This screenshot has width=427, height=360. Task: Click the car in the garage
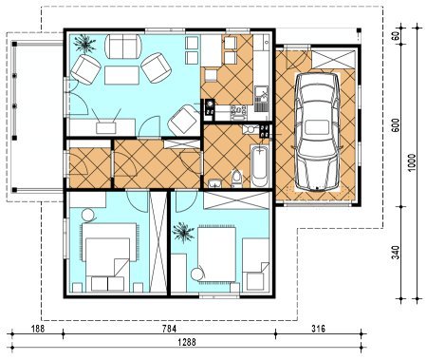pos(317,133)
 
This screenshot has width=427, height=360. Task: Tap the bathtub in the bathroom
pos(260,166)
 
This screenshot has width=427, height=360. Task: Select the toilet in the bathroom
pos(236,179)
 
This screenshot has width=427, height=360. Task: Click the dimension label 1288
pos(187,342)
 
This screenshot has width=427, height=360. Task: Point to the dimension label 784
pos(169,329)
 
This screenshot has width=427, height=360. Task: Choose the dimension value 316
pos(318,329)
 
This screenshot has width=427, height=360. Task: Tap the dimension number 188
pos(38,329)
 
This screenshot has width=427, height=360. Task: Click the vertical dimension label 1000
pos(412,162)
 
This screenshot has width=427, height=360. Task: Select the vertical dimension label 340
pos(396,253)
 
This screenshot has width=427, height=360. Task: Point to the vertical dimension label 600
pos(396,125)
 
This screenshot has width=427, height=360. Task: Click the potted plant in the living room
pos(84,44)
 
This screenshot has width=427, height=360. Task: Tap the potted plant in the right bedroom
pos(183,233)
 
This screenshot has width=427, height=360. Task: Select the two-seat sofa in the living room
pos(123,47)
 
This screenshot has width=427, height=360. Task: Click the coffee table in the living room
pos(121,75)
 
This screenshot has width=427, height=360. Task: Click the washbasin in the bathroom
pos(215,183)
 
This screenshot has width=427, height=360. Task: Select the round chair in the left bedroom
pos(88,216)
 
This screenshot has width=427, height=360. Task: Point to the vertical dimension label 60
pos(396,35)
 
